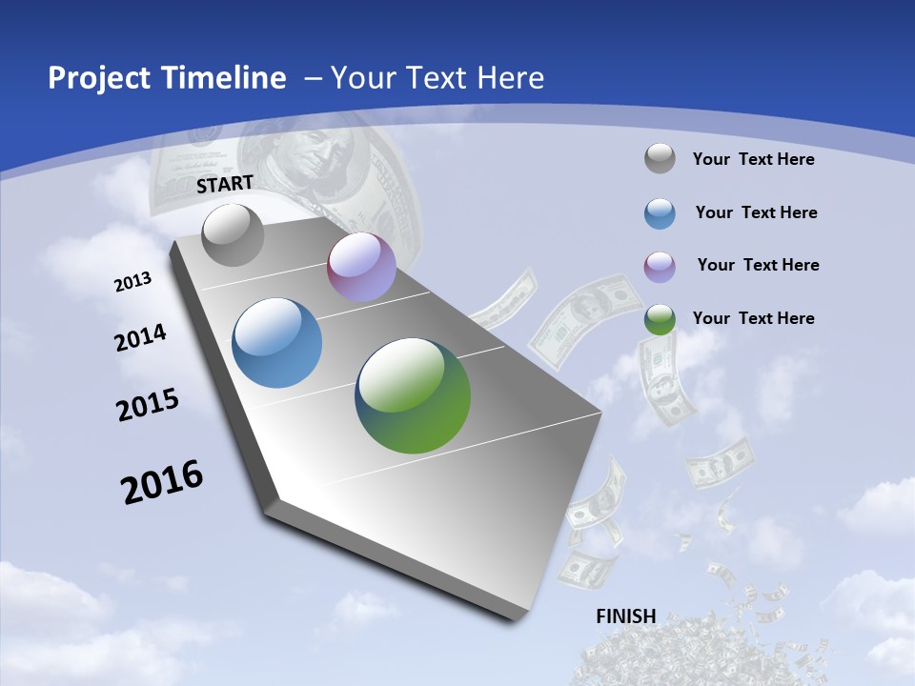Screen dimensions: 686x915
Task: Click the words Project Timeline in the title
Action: tap(167, 78)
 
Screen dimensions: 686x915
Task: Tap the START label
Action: tap(225, 184)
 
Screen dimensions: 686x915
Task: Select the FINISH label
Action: tap(625, 616)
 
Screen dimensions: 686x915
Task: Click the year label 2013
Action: tap(132, 282)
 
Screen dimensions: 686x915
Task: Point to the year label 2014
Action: tap(140, 338)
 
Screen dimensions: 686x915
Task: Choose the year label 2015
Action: tap(148, 405)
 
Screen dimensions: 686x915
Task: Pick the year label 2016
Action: tap(162, 481)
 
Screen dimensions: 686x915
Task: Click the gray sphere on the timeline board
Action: tap(234, 234)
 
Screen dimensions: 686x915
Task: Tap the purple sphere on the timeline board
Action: tap(361, 267)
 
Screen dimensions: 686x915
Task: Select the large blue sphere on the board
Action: tap(277, 343)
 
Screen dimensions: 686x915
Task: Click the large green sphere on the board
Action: tap(413, 395)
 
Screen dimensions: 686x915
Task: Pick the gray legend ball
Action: tap(660, 159)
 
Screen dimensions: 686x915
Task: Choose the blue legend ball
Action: tap(660, 213)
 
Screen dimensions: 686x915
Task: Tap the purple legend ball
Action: tap(660, 266)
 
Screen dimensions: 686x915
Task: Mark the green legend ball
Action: tap(660, 318)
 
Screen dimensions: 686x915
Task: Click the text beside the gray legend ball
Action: tap(753, 159)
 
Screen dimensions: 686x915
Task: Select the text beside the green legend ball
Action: tap(753, 318)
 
